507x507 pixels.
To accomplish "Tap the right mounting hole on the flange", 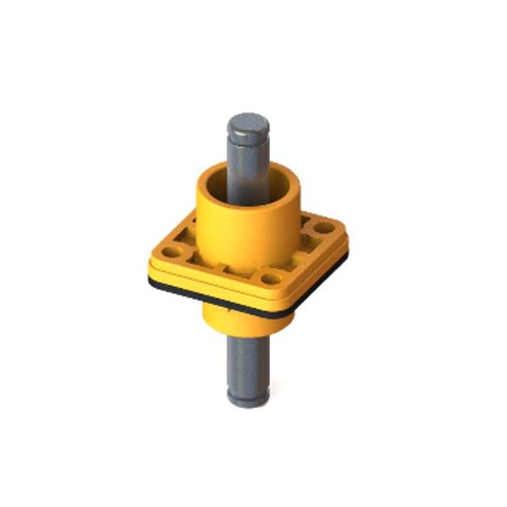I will tap(323, 227).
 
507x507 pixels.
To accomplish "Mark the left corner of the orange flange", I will tap(153, 261).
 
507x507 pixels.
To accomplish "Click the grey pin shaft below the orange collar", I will tap(247, 356).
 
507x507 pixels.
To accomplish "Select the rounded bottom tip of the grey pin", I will tap(248, 400).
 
